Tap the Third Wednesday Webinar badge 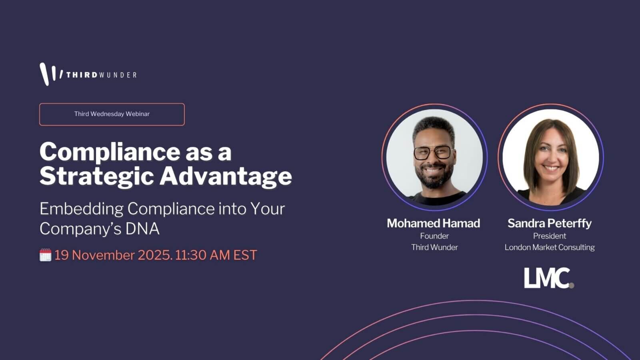pos(112,114)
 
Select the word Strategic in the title pos(97,176)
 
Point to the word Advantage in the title pos(226,176)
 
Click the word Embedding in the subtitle pos(82,209)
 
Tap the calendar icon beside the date pos(46,255)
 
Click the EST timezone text pos(245,255)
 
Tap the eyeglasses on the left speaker pos(432,153)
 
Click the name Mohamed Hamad pos(434,224)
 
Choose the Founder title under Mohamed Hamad pos(434,236)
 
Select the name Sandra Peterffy pos(550,224)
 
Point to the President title pos(550,236)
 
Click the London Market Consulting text pos(550,248)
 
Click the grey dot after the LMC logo pos(571,285)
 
